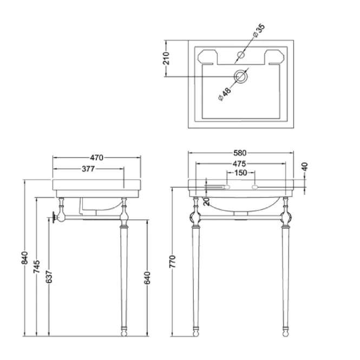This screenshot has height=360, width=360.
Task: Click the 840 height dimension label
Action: (24, 258)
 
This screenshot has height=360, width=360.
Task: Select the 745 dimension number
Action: (36, 266)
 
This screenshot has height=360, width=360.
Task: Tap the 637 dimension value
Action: (49, 277)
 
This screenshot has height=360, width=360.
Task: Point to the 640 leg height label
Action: (147, 278)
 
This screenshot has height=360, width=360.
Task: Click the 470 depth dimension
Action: (97, 158)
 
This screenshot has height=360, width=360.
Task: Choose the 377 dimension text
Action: (88, 169)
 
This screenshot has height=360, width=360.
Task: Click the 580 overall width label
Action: (240, 153)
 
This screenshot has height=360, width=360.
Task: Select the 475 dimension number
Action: (239, 163)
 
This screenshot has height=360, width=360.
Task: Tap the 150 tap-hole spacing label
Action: (240, 173)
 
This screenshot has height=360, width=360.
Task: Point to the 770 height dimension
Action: (173, 261)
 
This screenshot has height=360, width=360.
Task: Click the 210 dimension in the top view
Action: (166, 58)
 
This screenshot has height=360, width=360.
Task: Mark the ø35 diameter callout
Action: (259, 30)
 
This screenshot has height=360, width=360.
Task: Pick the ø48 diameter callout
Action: (225, 94)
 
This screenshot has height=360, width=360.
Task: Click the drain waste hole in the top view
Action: (241, 76)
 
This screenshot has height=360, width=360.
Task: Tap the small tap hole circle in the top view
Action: (241, 55)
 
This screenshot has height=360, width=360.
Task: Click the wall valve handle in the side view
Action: (54, 217)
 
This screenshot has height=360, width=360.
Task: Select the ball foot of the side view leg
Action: (124, 333)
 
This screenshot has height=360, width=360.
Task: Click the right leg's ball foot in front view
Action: (286, 333)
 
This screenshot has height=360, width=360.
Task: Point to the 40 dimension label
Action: (305, 166)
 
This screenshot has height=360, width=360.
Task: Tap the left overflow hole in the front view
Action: (227, 187)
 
